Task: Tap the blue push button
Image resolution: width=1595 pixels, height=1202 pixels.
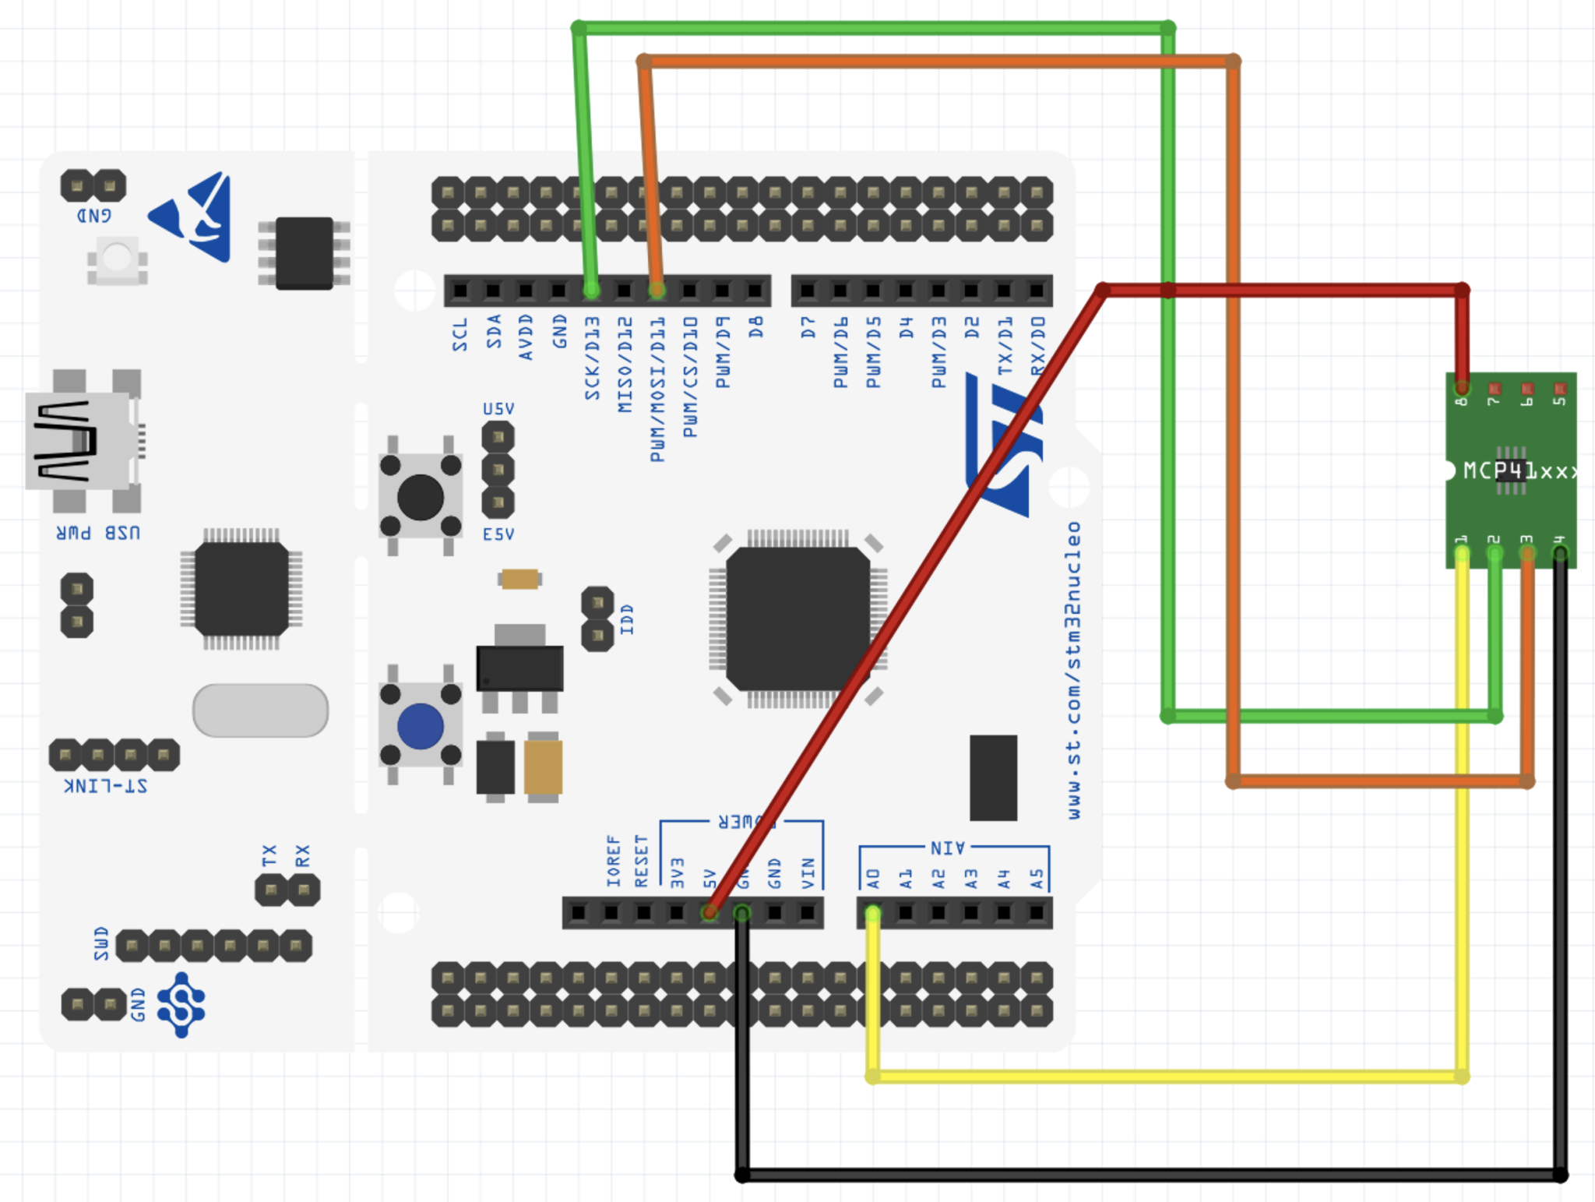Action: pyautogui.click(x=421, y=726)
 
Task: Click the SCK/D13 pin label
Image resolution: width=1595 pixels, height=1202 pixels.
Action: pyautogui.click(x=593, y=358)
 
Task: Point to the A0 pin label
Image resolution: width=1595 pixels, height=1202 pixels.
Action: pyautogui.click(x=873, y=879)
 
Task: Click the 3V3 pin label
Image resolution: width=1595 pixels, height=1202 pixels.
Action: pyautogui.click(x=677, y=872)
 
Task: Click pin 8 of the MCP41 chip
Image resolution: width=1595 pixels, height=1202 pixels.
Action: pyautogui.click(x=1462, y=387)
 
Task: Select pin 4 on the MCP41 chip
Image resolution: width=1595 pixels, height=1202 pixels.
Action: pyautogui.click(x=1560, y=553)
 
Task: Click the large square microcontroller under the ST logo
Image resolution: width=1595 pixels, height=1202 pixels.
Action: pyautogui.click(x=798, y=619)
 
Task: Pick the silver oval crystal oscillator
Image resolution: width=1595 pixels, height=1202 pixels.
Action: pyautogui.click(x=260, y=710)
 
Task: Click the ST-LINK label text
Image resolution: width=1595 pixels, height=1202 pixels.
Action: pyautogui.click(x=105, y=785)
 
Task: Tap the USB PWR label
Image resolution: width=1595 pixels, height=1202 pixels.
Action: pyautogui.click(x=98, y=533)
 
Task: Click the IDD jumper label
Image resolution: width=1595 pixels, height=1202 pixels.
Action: pyautogui.click(x=627, y=619)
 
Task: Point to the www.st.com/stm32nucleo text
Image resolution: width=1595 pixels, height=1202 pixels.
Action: pyautogui.click(x=1074, y=670)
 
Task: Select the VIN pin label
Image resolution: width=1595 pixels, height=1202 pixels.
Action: pyautogui.click(x=808, y=873)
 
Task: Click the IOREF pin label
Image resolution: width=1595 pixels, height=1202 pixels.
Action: pyautogui.click(x=613, y=861)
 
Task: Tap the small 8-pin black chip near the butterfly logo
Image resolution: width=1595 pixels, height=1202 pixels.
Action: pyautogui.click(x=305, y=253)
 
